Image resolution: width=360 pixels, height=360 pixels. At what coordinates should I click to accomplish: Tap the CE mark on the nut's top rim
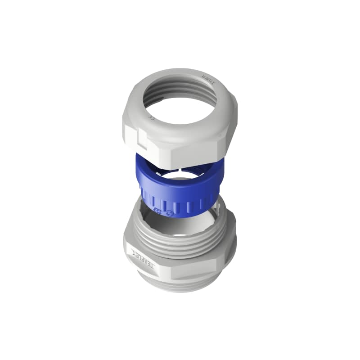[x=152, y=118]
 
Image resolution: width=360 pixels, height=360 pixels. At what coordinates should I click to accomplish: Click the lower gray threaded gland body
[x=180, y=256]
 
